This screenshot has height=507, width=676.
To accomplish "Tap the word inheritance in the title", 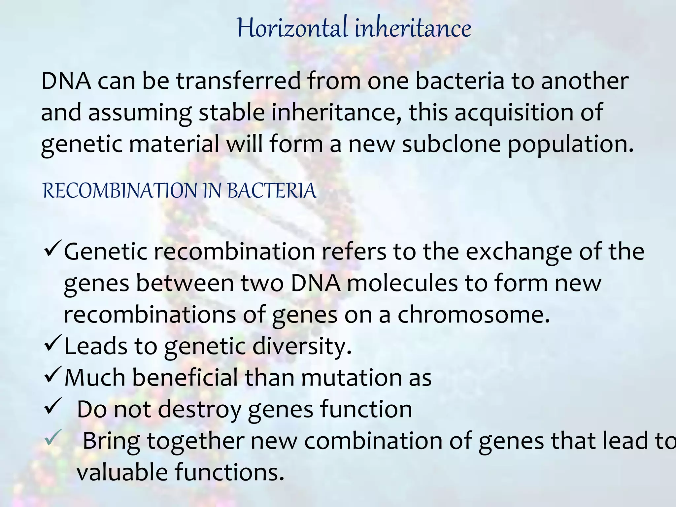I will (413, 28).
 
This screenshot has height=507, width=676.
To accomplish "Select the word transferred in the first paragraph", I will (238, 81).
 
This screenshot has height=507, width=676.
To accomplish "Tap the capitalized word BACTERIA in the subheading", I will (272, 191).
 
